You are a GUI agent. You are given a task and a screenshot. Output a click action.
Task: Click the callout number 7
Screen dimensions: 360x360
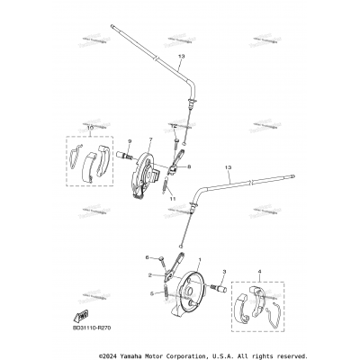point(150,139)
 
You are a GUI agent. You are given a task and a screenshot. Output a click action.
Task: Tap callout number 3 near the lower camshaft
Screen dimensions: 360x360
point(223,271)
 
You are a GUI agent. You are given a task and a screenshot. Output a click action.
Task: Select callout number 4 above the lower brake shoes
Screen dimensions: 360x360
point(259,271)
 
